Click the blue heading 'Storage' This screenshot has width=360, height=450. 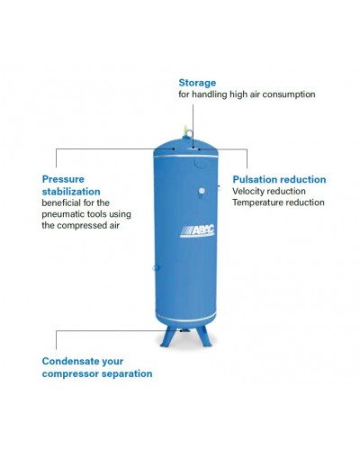click(x=197, y=84)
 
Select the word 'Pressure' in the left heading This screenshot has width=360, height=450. click(x=63, y=179)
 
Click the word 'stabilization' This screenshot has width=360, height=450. click(x=71, y=192)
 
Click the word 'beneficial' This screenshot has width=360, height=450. click(x=61, y=202)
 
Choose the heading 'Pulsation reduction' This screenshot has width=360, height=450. click(x=279, y=179)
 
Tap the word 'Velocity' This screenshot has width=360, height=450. click(x=247, y=192)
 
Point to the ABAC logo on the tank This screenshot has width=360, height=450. click(x=197, y=230)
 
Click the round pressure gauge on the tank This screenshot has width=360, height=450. click(x=202, y=190)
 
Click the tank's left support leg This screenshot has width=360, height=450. click(x=166, y=336)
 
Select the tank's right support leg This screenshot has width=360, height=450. click(x=204, y=336)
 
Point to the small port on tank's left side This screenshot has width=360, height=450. click(x=156, y=267)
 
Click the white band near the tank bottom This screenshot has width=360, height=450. click(x=185, y=316)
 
